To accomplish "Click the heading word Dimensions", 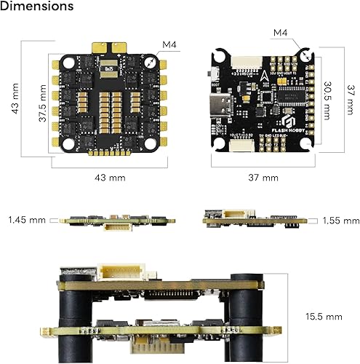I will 37,7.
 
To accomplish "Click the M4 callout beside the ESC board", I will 169,45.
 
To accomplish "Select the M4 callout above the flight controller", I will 281,33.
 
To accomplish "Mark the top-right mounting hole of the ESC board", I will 151,63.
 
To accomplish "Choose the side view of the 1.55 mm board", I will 259,219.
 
